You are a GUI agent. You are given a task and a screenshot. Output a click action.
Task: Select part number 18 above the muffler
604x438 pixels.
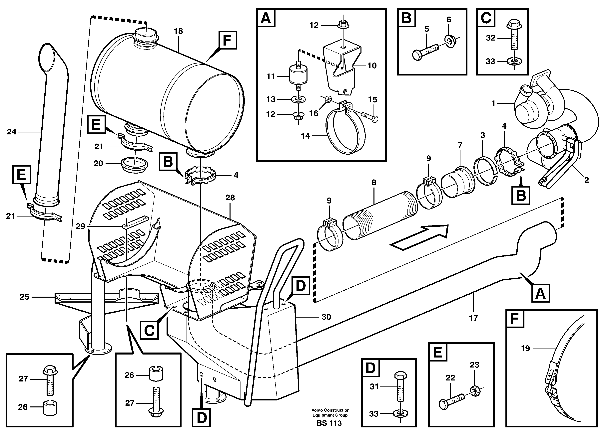(178, 31)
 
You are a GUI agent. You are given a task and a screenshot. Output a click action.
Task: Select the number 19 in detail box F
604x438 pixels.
(525, 349)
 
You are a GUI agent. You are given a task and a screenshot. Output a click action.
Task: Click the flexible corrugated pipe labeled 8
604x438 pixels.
(378, 216)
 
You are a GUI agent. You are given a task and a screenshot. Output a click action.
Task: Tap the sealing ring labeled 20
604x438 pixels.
(135, 165)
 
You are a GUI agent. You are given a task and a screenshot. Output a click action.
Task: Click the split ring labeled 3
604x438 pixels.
(484, 174)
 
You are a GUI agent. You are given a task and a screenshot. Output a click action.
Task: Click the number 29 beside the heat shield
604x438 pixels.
(80, 226)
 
